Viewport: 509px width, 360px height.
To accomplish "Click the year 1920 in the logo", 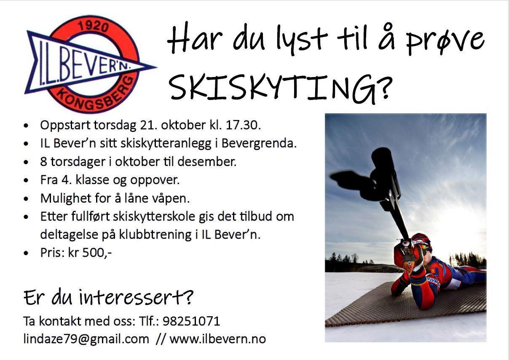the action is click(93, 27).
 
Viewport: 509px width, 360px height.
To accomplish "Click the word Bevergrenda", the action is click(259, 144).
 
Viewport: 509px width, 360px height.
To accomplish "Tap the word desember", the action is click(207, 162).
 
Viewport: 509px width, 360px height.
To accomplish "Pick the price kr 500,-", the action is click(90, 253).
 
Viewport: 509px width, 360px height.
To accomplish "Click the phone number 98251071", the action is click(191, 321).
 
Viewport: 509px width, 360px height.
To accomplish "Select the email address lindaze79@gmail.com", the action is click(86, 339).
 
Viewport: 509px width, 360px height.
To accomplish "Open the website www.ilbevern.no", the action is click(218, 339).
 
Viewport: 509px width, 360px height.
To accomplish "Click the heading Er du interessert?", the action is click(108, 297).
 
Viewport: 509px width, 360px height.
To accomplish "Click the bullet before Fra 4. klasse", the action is click(26, 180).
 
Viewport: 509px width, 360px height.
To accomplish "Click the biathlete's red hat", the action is click(421, 241).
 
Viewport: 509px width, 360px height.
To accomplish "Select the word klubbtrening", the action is click(155, 235).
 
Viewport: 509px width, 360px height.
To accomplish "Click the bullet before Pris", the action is click(26, 253).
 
